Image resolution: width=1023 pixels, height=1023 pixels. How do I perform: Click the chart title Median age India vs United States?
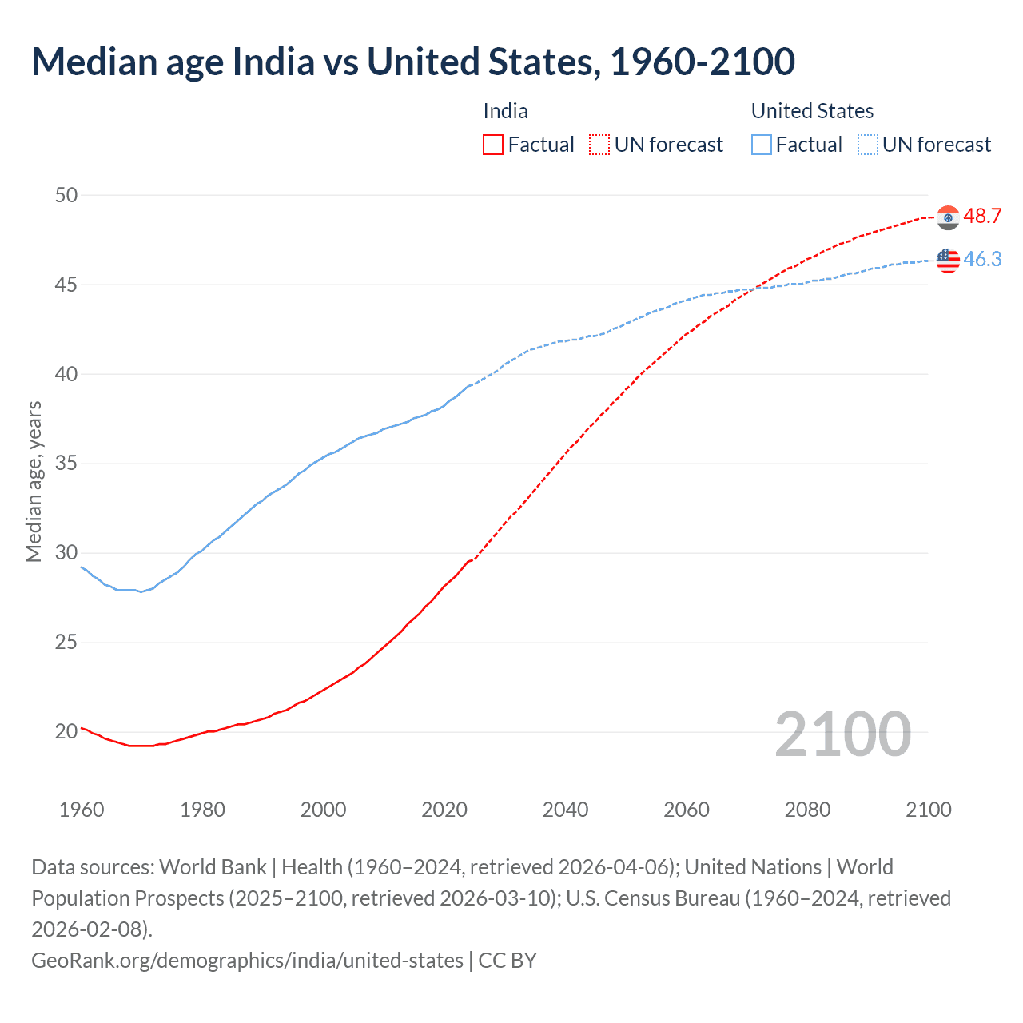pyautogui.click(x=413, y=62)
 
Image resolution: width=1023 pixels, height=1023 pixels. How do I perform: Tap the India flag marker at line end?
pyautogui.click(x=948, y=217)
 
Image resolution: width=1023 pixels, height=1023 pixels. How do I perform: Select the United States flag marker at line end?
pyautogui.click(x=948, y=260)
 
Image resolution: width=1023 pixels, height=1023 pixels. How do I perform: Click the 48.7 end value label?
pyautogui.click(x=982, y=217)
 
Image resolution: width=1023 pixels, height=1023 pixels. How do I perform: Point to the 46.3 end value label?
pyautogui.click(x=982, y=260)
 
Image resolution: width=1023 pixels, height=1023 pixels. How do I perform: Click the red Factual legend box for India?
pyautogui.click(x=493, y=145)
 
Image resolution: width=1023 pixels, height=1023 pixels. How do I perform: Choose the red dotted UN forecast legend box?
pyautogui.click(x=599, y=145)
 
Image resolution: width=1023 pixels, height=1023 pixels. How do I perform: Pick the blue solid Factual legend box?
pyautogui.click(x=762, y=145)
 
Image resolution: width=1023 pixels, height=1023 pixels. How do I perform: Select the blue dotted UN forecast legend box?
pyautogui.click(x=867, y=145)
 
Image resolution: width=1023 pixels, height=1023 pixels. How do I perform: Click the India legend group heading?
pyautogui.click(x=505, y=111)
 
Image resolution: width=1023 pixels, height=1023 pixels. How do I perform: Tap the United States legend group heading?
pyautogui.click(x=812, y=111)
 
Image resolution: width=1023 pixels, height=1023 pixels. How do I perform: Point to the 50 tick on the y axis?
pyautogui.click(x=67, y=195)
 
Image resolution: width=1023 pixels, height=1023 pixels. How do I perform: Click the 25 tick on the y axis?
pyautogui.click(x=67, y=642)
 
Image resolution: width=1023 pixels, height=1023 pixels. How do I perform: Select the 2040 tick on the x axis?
pyautogui.click(x=565, y=810)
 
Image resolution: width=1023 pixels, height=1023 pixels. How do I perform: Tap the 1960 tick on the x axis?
pyautogui.click(x=82, y=810)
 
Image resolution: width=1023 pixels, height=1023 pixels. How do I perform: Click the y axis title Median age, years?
pyautogui.click(x=34, y=482)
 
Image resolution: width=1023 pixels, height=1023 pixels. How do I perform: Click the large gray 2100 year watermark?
pyautogui.click(x=842, y=734)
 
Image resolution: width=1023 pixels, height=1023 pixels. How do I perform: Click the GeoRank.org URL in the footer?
pyautogui.click(x=247, y=960)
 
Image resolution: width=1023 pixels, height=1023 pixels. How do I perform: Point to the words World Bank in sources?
pyautogui.click(x=213, y=867)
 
